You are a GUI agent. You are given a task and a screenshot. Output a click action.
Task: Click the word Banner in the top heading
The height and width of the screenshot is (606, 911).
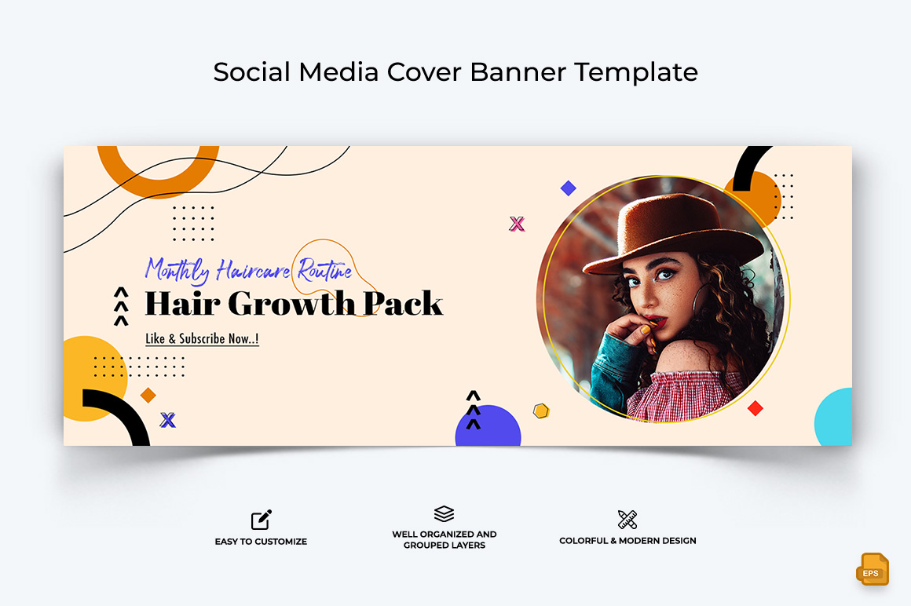click(x=518, y=72)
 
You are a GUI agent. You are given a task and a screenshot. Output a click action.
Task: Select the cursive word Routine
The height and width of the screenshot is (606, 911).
click(x=325, y=270)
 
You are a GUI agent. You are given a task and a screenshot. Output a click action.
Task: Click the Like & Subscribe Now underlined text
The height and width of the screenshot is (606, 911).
click(x=202, y=338)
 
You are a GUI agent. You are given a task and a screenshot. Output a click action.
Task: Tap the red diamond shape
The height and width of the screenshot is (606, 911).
click(x=756, y=409)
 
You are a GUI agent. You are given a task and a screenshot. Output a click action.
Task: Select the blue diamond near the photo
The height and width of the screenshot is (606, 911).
click(x=569, y=188)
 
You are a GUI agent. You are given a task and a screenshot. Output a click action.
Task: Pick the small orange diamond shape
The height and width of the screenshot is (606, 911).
click(x=148, y=396)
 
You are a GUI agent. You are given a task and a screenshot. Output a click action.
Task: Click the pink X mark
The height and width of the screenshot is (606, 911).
click(x=517, y=224)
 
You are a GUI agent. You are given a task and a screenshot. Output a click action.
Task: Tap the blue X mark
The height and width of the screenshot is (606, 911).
click(x=168, y=420)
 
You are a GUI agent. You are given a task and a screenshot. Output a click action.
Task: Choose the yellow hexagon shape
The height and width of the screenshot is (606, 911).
click(x=541, y=411)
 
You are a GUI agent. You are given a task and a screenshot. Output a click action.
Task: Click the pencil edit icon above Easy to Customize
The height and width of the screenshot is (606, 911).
click(x=261, y=520)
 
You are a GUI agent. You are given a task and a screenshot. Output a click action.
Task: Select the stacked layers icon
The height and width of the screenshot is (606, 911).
click(x=444, y=513)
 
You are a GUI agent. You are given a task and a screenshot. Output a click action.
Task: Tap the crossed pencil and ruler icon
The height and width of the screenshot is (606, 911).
click(x=627, y=520)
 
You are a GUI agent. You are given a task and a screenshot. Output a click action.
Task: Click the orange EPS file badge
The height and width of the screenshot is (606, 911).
click(x=872, y=569)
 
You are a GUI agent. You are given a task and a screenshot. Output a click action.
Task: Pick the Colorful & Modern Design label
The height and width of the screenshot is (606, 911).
click(x=627, y=540)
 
